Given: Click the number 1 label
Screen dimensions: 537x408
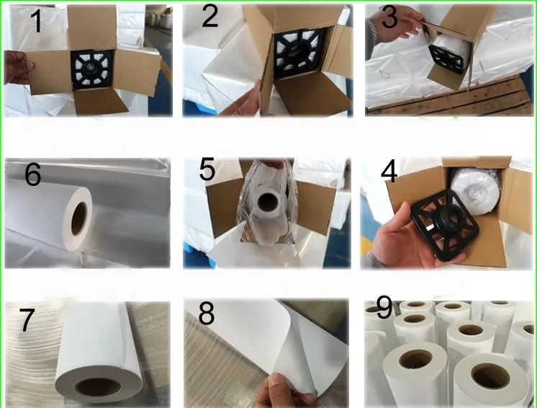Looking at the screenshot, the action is coord(36,21).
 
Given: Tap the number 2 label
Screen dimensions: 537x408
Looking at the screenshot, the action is coord(209,16).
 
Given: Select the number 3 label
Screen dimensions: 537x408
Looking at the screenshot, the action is coord(389,17).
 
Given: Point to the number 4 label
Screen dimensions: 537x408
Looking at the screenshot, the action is coord(389,172).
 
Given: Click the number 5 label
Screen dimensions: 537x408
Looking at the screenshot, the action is coord(207,169).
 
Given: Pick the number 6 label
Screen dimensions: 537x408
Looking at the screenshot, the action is coord(33,174).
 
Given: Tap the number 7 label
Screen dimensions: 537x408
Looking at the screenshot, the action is coord(27,320).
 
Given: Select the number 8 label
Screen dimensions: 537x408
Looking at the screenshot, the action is coord(207,314).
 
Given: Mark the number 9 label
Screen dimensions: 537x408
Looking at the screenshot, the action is coord(384,307).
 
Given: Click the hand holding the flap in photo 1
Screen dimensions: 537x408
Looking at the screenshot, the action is coord(18,68).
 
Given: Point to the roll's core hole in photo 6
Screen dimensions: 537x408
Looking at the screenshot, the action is coord(78,218).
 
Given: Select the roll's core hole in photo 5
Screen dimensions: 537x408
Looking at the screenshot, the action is coord(267,202).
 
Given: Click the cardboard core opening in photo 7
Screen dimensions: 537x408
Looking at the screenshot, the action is coord(98,387).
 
